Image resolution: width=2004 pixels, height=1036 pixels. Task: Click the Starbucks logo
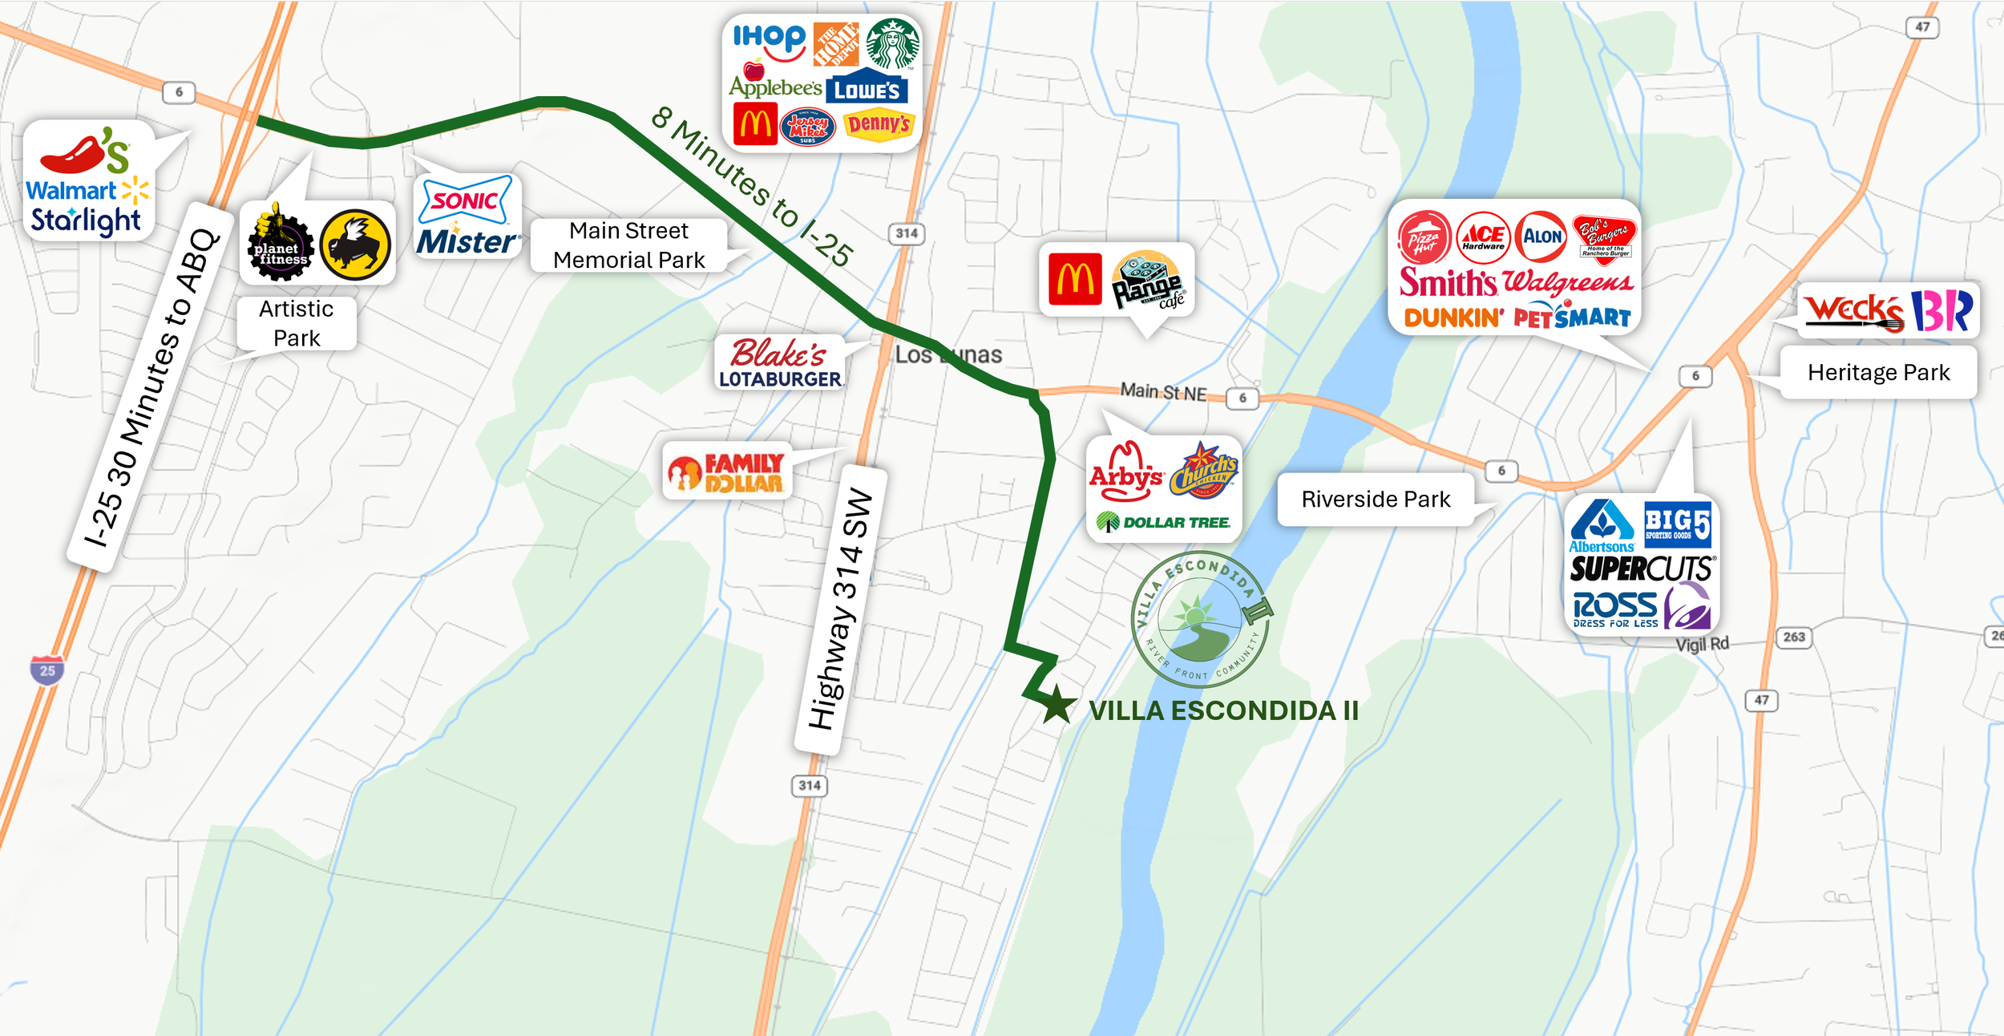pos(893,43)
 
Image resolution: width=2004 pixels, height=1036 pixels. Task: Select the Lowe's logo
pos(867,90)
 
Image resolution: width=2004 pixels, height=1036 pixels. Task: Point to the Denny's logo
pos(879,124)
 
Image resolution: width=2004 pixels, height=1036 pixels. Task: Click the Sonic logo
pos(466,200)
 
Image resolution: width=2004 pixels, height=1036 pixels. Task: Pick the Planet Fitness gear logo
pos(279,244)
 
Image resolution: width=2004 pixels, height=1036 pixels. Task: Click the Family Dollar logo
pos(727,471)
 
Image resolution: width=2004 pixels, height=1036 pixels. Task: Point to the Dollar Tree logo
pos(1163,522)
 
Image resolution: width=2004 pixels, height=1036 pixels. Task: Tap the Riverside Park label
pos(1376,500)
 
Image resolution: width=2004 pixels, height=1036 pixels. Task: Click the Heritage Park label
pos(1878,373)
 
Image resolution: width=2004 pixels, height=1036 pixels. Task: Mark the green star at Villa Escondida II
pos(1057,705)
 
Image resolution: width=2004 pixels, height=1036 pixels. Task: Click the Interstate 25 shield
pos(47,670)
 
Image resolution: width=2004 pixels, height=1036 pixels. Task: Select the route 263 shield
pos(1794,637)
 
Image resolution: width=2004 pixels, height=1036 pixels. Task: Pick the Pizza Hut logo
pos(1424,238)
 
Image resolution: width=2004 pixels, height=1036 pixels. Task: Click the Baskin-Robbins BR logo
pos(1941,311)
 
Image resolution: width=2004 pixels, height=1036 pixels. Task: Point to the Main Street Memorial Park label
pos(628,245)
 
